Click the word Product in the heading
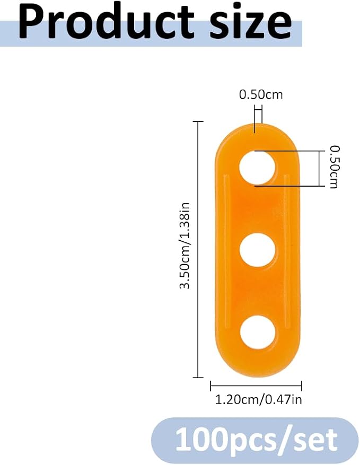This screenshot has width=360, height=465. point(106,23)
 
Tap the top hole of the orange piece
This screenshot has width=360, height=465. point(257,168)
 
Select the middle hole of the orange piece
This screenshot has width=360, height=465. point(257,250)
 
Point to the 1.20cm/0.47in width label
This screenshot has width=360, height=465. point(258,399)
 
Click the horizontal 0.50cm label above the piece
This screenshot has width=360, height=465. point(261,94)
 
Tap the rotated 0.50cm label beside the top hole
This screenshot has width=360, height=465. point(334,167)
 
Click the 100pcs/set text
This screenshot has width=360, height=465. point(256,440)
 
